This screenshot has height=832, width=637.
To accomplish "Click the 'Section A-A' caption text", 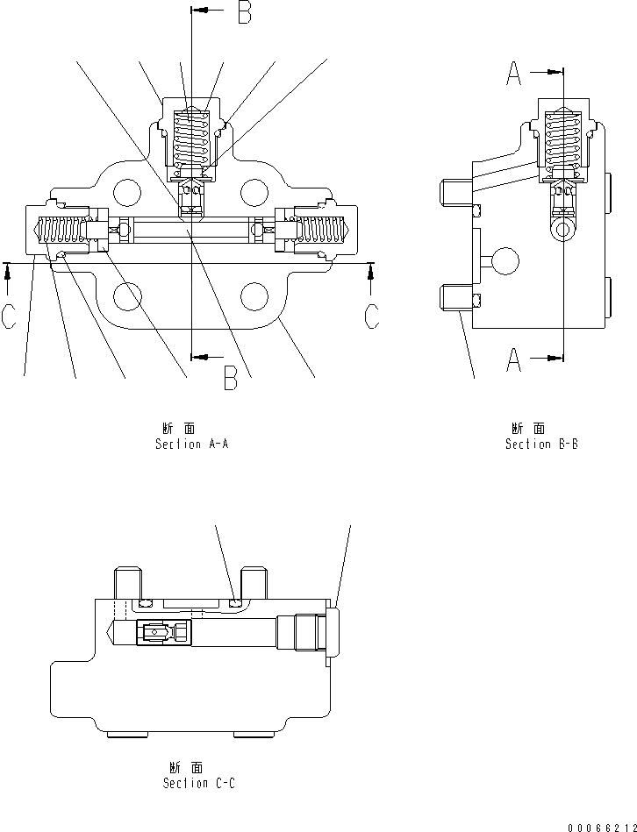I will point(191,444).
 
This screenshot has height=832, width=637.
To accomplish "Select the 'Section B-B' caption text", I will point(540,444).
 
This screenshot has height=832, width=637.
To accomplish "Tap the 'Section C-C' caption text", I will point(198,783).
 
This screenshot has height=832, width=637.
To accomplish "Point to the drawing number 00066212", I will point(601,825).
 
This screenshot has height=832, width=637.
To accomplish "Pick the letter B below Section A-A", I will point(230,378).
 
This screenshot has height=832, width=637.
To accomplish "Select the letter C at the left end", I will point(8,316).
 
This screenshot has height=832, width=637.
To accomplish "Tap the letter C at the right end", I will point(372,316).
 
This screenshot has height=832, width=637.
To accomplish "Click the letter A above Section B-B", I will point(516,75).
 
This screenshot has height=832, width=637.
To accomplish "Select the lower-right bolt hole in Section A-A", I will point(254,296).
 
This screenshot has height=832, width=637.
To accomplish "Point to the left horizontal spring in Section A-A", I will point(62,231).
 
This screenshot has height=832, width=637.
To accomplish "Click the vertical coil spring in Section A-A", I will point(191,136).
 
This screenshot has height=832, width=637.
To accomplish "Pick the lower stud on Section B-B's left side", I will point(454,298).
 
